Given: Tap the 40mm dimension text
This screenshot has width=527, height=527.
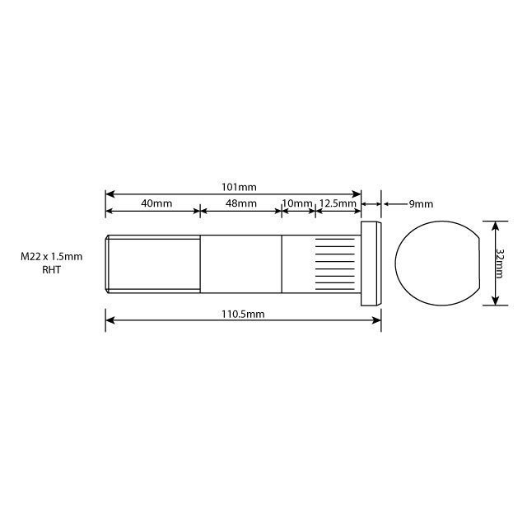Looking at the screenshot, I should [156, 203].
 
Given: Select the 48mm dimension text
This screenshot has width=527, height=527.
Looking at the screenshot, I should [241, 203].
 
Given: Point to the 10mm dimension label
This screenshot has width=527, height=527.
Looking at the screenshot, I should [297, 203].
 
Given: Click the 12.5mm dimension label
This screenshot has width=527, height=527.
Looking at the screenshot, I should [338, 203].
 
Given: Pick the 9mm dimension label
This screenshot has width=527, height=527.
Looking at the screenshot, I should [421, 203].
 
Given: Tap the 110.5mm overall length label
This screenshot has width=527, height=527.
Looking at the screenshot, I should [244, 314].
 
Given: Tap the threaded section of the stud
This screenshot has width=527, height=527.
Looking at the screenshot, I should [153, 263].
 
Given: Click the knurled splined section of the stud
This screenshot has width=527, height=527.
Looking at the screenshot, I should [338, 263].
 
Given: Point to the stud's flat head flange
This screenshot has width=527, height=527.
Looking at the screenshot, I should [371, 263].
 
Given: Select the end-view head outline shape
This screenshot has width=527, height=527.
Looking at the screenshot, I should [436, 263].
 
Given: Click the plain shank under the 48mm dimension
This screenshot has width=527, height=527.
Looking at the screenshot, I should [241, 263].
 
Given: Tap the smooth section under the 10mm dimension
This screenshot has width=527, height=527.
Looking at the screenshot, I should [298, 263].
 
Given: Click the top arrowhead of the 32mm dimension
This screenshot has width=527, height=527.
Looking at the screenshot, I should [494, 224].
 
